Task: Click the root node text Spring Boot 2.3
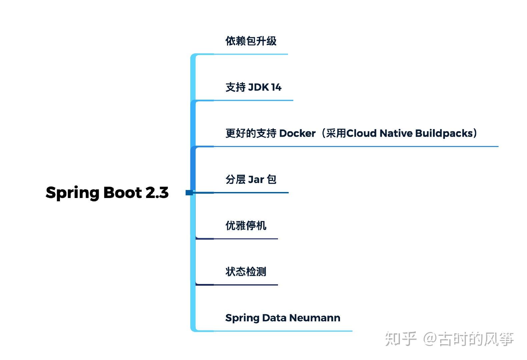click(x=107, y=193)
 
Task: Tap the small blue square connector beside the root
click(x=189, y=193)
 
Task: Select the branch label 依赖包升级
click(x=251, y=41)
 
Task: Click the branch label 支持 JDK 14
click(x=253, y=87)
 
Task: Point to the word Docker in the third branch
click(x=297, y=133)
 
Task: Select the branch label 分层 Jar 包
click(x=251, y=180)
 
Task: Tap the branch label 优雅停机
click(x=246, y=226)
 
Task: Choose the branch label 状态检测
click(x=246, y=272)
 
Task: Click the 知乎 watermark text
click(x=401, y=339)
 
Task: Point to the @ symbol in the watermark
click(x=430, y=339)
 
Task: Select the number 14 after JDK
click(x=276, y=87)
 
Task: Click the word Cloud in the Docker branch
click(x=362, y=133)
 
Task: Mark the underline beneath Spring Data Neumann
click(x=283, y=331)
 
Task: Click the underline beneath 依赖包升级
click(x=250, y=54)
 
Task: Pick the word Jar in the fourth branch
click(x=256, y=180)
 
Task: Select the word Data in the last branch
click(x=274, y=318)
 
